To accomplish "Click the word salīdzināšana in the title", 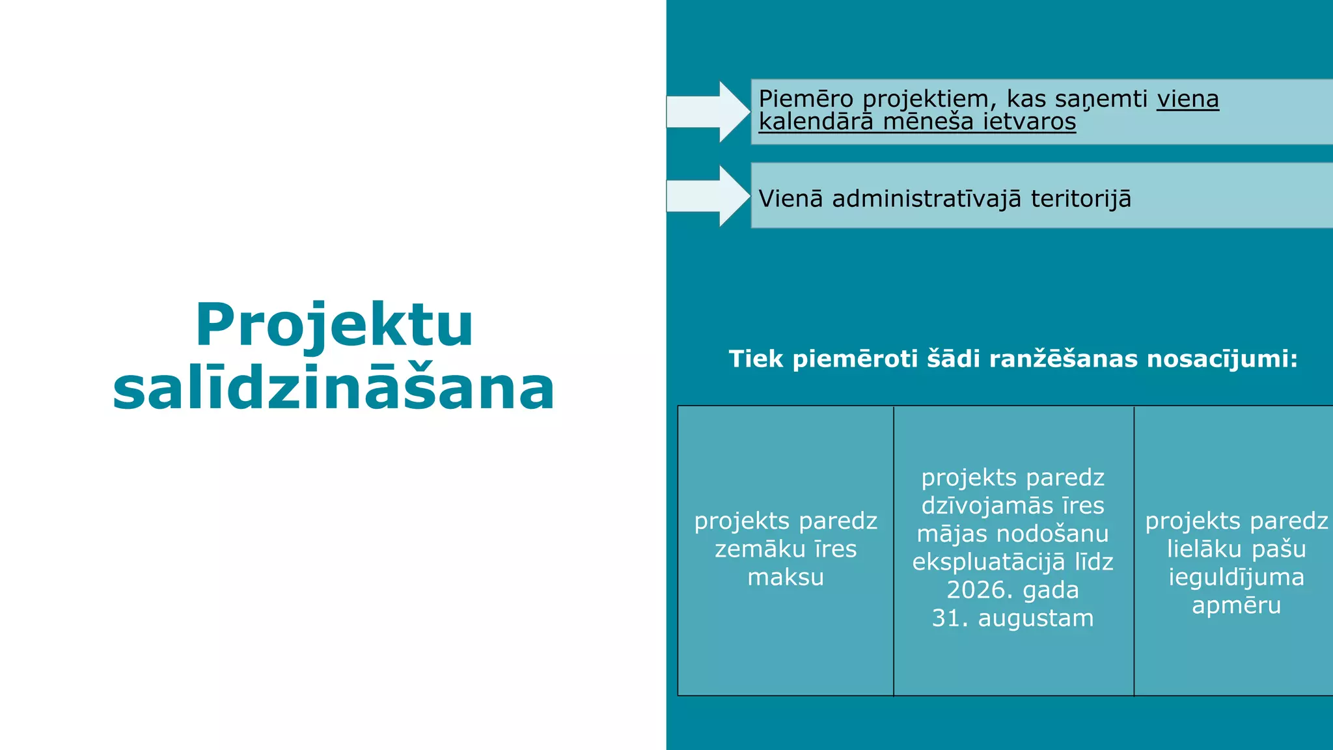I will (x=334, y=389).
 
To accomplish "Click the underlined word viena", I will (x=1187, y=99).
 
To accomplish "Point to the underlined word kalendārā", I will (x=816, y=122).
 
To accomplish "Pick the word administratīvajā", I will (x=926, y=199).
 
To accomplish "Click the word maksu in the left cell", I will (x=786, y=577).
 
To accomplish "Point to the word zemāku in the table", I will (x=756, y=549).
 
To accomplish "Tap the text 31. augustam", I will (x=1013, y=618).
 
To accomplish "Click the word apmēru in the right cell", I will (x=1236, y=605).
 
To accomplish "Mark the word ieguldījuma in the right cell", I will (x=1236, y=577).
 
